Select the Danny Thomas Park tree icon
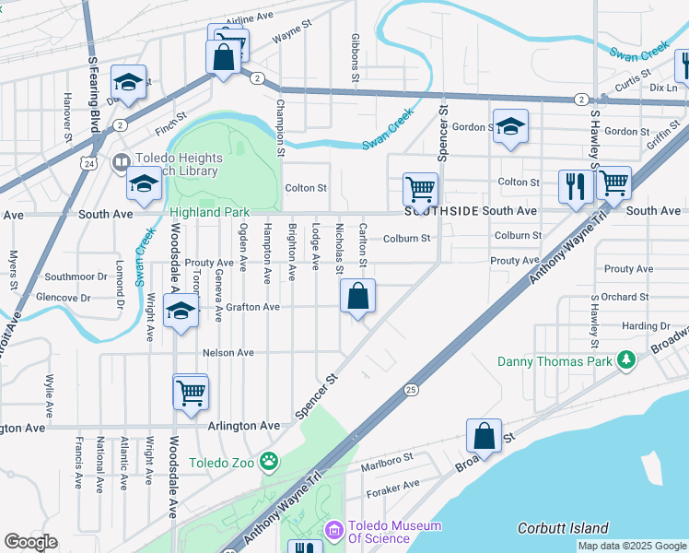coord(626,360)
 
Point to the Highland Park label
coord(210,212)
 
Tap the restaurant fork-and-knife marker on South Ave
coord(576,186)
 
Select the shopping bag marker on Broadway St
coord(484,437)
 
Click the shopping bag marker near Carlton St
coord(357,297)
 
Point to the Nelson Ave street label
coord(228,353)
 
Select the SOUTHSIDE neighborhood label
coord(441,211)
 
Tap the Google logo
coord(31,542)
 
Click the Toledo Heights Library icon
coord(121,163)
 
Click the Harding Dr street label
coord(646,326)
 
